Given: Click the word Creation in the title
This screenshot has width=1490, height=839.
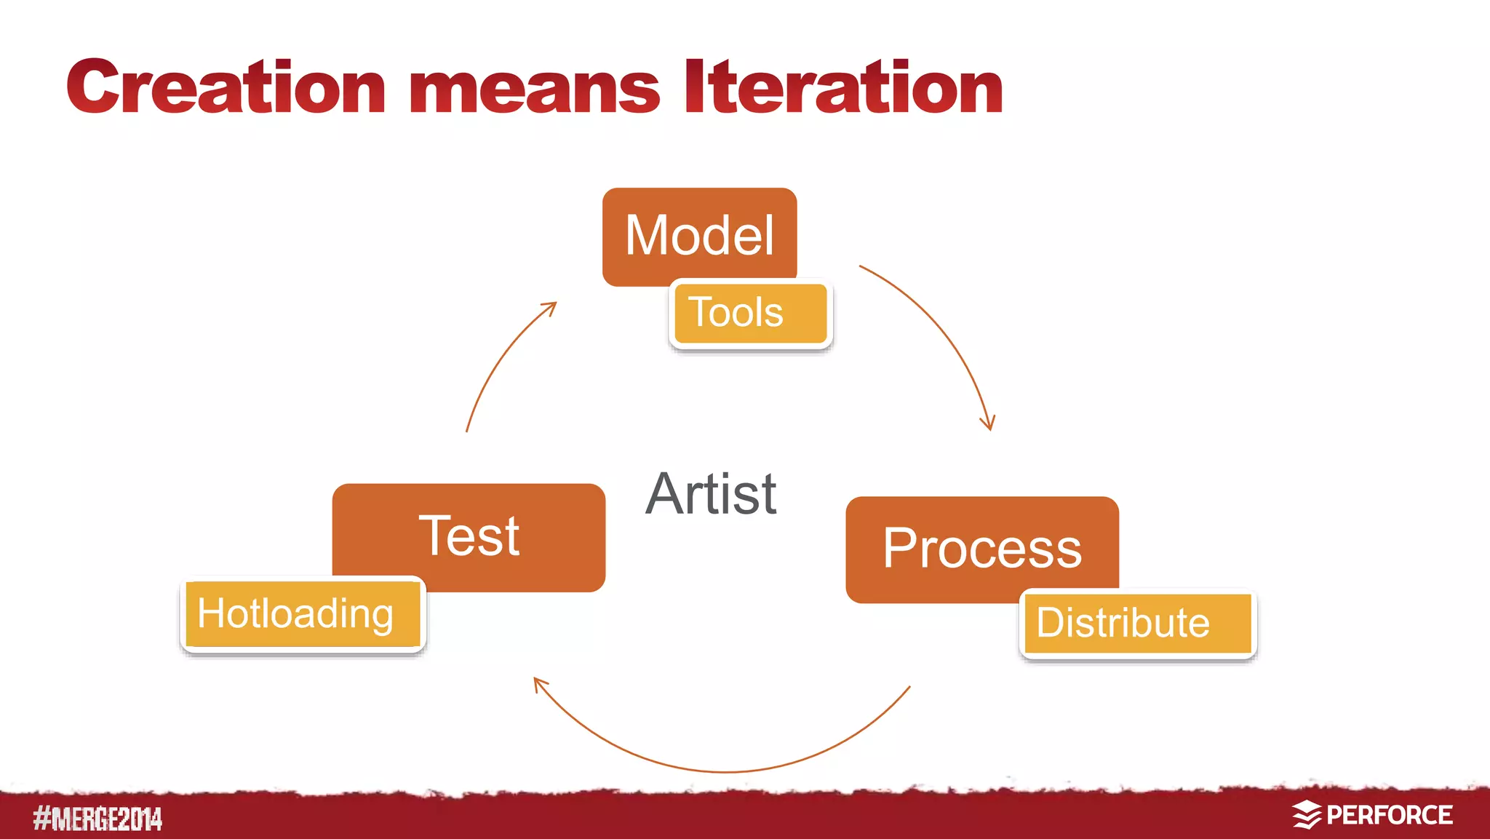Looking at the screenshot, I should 226,88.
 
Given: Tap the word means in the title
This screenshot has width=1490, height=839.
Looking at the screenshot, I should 535,91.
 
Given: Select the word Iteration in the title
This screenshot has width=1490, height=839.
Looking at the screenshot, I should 844,88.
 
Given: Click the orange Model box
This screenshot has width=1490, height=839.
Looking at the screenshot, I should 698,234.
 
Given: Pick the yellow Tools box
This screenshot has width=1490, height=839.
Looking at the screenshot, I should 750,313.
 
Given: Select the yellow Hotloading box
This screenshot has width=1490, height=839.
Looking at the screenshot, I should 301,614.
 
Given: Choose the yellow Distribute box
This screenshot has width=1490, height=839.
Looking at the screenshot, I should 1137,624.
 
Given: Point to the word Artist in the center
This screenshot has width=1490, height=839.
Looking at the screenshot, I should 711,494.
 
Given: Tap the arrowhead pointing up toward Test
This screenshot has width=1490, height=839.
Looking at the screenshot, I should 539,683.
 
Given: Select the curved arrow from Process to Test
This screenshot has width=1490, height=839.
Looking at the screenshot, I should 728,771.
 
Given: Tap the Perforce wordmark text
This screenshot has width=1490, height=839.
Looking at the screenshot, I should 1389,816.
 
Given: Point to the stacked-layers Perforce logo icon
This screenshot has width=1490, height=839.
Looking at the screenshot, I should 1306,815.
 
